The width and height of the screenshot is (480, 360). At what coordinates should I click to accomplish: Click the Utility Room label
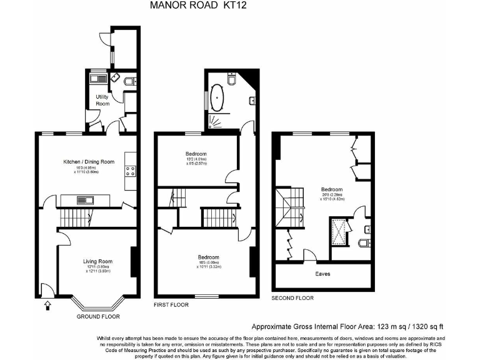pos(102,100)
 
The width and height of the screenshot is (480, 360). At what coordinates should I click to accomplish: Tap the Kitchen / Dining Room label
pos(89,162)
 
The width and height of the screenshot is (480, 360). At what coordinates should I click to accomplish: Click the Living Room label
pos(97,261)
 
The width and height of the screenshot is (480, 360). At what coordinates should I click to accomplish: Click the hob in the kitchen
pos(131,167)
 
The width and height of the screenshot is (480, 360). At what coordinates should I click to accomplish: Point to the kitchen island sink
pos(84,200)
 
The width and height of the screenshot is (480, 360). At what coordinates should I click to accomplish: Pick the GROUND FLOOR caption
pos(98,316)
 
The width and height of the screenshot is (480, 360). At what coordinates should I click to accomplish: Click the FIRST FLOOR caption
pos(171,304)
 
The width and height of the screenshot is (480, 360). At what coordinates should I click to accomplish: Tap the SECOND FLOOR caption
pos(292,298)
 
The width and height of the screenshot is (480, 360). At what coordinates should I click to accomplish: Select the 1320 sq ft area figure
pos(431,326)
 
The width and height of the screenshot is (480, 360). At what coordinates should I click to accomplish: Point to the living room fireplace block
pos(132,262)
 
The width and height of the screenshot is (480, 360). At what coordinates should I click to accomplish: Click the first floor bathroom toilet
pos(232,80)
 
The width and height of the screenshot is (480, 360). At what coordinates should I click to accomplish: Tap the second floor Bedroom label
pos(331,189)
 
